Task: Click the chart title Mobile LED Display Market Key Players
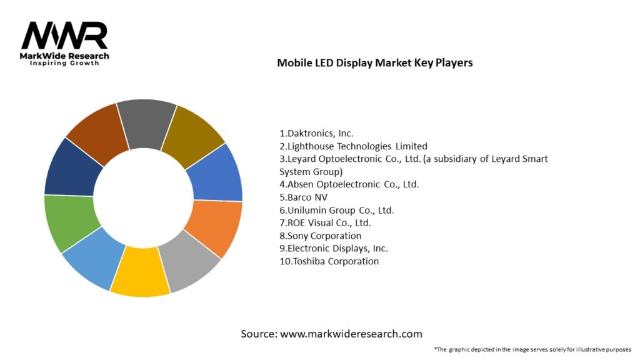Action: point(375,63)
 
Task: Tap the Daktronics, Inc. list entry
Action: point(316,133)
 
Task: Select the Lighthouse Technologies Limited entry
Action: point(353,146)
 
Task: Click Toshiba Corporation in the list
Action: point(329,261)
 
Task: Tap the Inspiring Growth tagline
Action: point(64,64)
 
